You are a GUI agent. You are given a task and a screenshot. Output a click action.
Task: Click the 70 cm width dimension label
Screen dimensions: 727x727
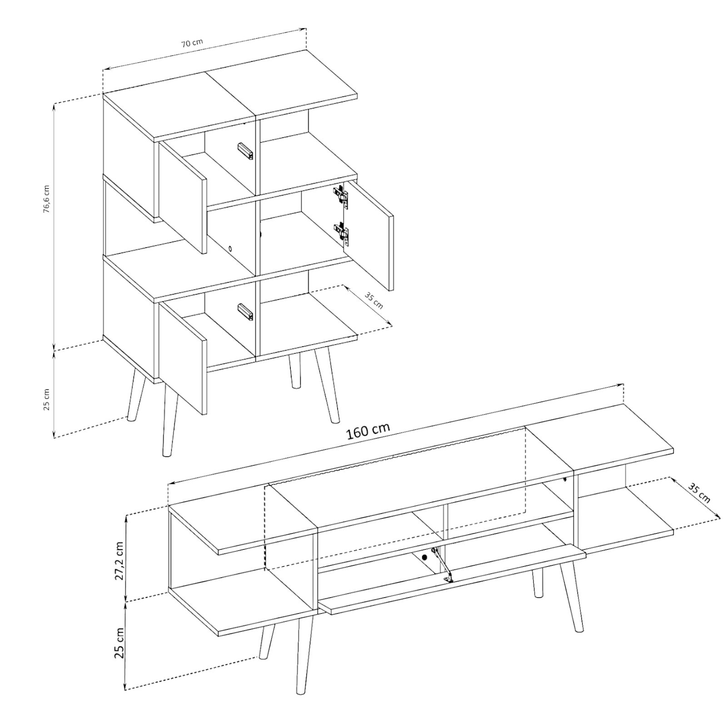tap(192, 43)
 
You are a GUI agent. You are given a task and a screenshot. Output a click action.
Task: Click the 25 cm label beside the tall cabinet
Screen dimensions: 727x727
tap(47, 399)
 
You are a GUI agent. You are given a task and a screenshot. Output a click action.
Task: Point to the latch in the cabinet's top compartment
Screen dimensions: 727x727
tap(245, 151)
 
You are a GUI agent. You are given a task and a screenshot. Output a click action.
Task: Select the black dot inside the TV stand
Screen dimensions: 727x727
tap(425, 557)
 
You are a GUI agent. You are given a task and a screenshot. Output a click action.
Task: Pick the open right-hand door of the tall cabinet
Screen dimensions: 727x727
tap(368, 235)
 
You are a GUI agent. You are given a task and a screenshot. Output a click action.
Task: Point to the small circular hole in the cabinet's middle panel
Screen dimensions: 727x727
tap(230, 249)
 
